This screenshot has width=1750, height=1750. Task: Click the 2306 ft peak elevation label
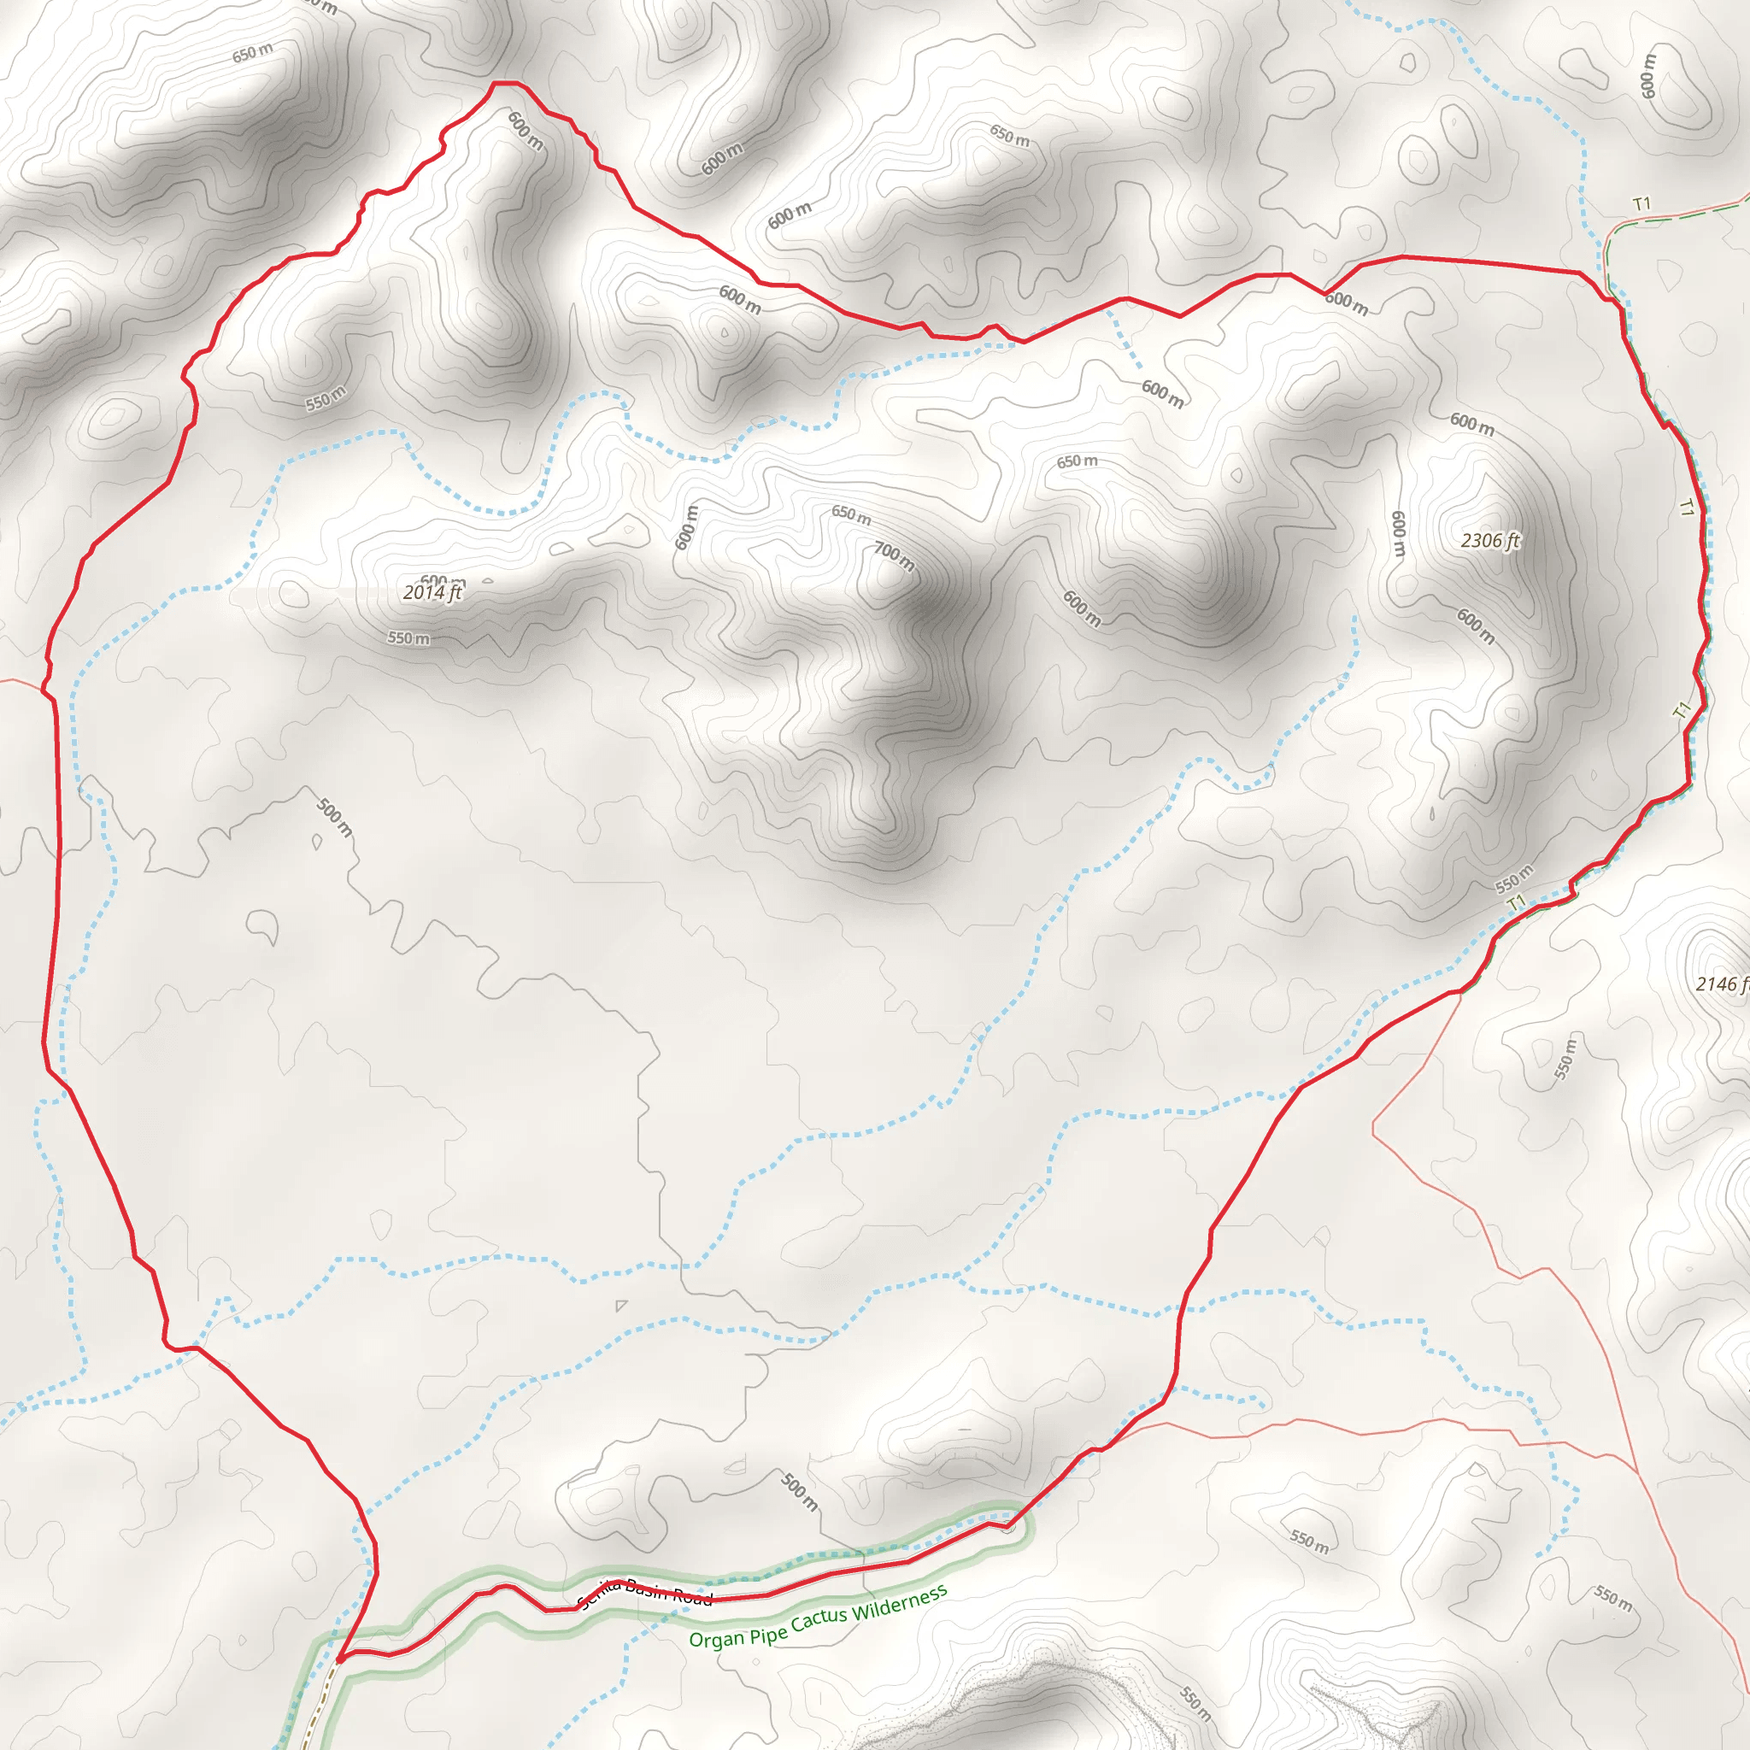point(1490,541)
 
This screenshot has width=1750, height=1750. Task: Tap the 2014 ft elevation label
point(432,592)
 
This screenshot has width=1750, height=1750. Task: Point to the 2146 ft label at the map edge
point(1721,984)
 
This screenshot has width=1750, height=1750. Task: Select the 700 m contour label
point(894,556)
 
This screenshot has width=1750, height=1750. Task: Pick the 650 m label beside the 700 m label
point(850,515)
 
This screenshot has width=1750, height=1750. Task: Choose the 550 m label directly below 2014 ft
point(408,637)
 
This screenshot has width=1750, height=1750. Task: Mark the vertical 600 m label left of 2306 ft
point(1399,533)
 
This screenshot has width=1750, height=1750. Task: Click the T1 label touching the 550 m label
point(1517,902)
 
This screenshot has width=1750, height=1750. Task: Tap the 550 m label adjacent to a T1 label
point(1513,878)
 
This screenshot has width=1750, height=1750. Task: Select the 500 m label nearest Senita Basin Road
point(799,1491)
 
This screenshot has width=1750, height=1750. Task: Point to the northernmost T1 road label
point(1641,205)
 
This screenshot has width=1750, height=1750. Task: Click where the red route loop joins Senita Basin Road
point(338,1660)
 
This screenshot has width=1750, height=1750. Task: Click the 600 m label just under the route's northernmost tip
point(526,131)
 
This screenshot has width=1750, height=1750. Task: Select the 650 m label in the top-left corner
point(252,54)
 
